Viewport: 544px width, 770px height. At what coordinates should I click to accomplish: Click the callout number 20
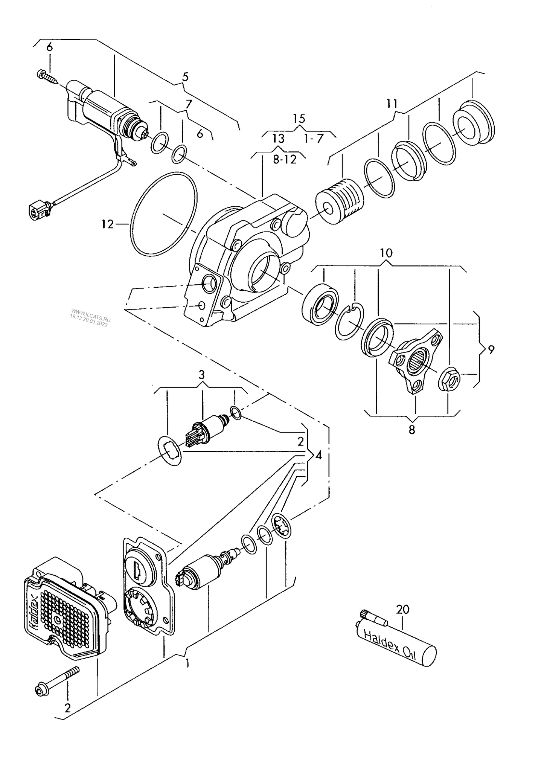(x=402, y=609)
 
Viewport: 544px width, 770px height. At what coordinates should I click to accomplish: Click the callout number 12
(x=107, y=224)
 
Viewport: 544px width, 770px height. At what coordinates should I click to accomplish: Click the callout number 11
(x=392, y=104)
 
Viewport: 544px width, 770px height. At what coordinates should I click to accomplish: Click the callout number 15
(x=299, y=119)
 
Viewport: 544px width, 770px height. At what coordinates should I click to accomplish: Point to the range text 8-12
(x=285, y=160)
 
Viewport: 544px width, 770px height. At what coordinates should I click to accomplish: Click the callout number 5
(x=185, y=77)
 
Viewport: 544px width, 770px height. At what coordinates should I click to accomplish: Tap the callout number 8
(x=412, y=429)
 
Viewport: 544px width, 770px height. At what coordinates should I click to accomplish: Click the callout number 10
(x=387, y=253)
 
